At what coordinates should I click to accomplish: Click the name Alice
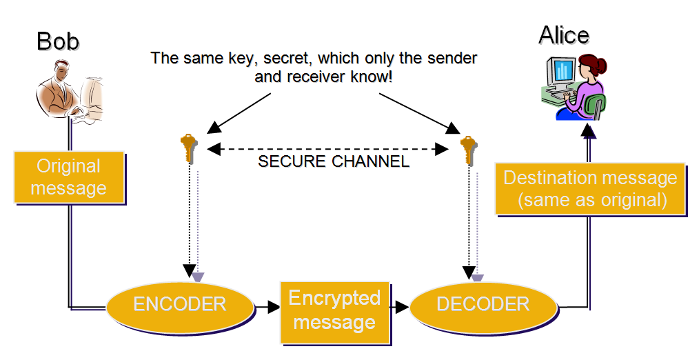[564, 34]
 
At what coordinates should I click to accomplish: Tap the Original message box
[69, 177]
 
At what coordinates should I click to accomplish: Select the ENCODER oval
[179, 304]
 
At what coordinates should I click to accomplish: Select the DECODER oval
[483, 304]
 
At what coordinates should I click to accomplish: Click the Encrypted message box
[334, 310]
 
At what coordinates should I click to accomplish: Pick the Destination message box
[590, 189]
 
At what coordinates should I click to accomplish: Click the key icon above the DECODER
[468, 148]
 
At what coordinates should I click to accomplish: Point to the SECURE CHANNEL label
[334, 162]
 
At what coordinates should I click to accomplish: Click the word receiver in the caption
[316, 77]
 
